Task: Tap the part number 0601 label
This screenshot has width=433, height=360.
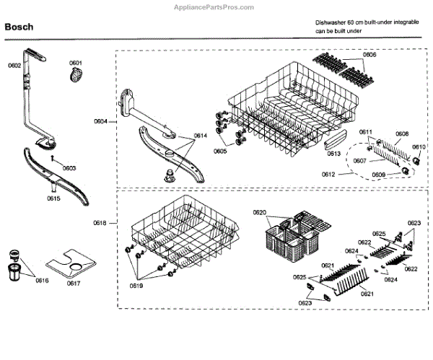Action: coord(76,63)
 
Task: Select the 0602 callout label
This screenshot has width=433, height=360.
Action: coord(14,66)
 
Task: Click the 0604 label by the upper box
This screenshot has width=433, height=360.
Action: coord(100,121)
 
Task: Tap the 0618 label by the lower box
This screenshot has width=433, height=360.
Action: coord(100,223)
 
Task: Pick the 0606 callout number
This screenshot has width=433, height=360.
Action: coord(369,55)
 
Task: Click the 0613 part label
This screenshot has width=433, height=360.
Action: coord(333,153)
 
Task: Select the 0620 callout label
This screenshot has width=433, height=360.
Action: coord(260,211)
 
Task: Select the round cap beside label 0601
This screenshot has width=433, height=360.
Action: coord(77,76)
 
